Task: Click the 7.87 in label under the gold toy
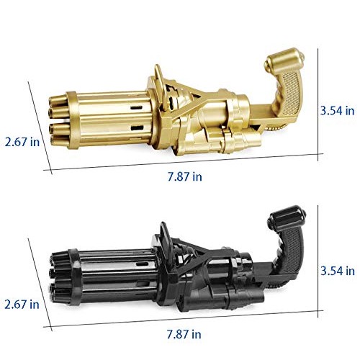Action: coord(184,177)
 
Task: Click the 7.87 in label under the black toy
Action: coord(184,334)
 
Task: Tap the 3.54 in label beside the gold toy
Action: coord(338,111)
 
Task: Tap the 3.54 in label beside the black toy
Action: coord(338,271)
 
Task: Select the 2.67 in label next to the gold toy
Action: coord(22,142)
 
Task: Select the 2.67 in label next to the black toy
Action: coord(22,305)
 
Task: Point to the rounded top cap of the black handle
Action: coord(287,217)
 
